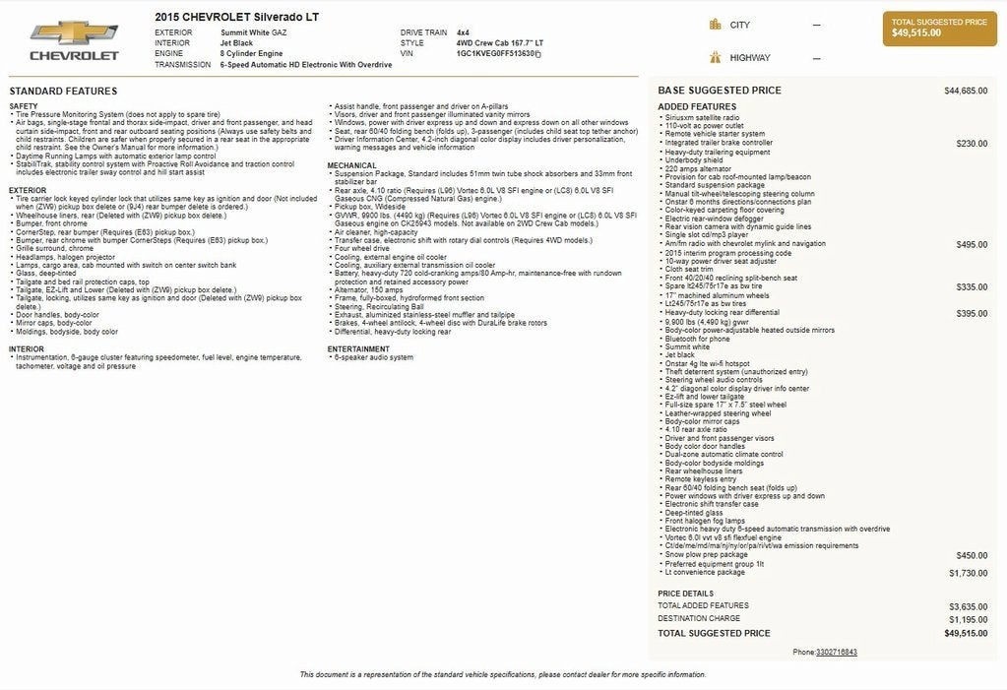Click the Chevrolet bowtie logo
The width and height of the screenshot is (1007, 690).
click(x=74, y=32)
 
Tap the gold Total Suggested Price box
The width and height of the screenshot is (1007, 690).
click(x=939, y=28)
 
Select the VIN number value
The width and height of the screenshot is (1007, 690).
click(x=497, y=54)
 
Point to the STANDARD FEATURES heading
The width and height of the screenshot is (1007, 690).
click(x=63, y=91)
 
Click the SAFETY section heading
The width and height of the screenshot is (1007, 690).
click(x=24, y=106)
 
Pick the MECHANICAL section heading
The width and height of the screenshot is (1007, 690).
click(x=352, y=165)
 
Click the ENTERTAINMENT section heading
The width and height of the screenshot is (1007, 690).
click(x=359, y=348)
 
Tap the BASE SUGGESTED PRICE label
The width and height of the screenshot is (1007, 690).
click(x=720, y=91)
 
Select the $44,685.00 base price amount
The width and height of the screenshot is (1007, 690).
click(x=966, y=91)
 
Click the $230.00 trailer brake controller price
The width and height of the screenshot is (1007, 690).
click(x=972, y=143)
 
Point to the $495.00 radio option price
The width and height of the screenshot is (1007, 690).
click(x=972, y=244)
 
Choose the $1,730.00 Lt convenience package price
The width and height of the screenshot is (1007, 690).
click(x=968, y=572)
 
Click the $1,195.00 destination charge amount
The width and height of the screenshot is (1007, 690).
click(x=968, y=619)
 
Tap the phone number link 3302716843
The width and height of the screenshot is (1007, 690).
click(x=837, y=652)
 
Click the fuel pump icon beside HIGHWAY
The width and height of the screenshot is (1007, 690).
click(x=715, y=58)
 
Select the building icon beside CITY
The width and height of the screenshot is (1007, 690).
click(x=715, y=25)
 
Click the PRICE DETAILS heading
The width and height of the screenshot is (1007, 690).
click(x=685, y=594)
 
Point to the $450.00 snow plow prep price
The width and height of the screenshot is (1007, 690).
click(x=972, y=555)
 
